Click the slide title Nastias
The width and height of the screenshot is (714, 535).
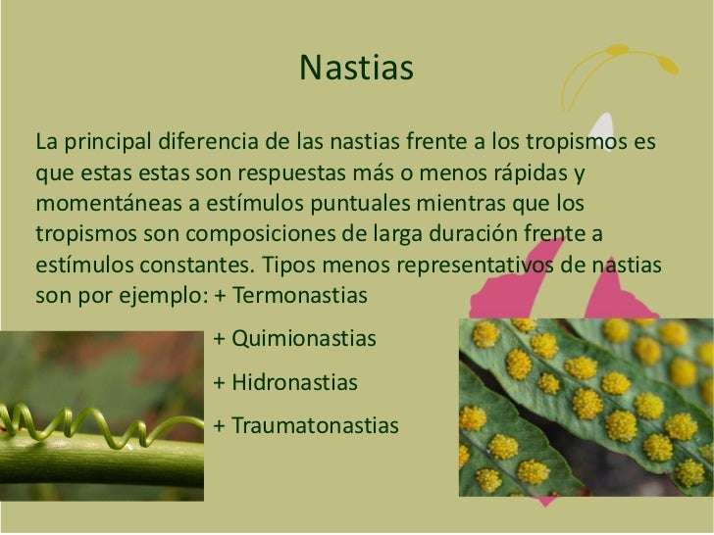coord(357,70)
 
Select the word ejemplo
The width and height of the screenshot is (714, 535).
coord(152,295)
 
